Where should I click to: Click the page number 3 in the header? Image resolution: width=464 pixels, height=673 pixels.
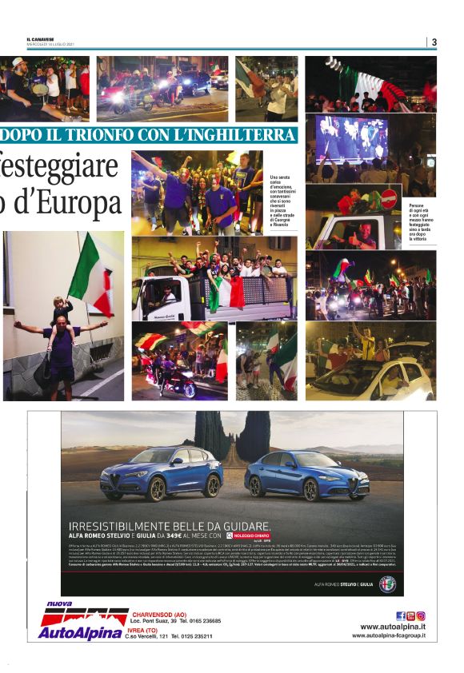[x=434, y=42]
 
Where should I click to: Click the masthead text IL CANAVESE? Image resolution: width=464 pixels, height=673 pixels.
[x=40, y=39]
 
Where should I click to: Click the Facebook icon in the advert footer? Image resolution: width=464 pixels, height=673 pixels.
[x=400, y=615]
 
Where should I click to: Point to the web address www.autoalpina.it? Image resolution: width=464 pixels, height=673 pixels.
[x=392, y=627]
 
